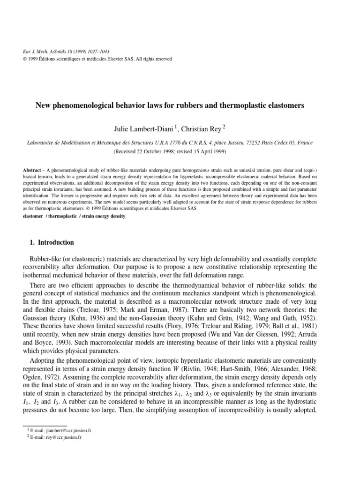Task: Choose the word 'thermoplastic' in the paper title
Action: pos(241,106)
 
